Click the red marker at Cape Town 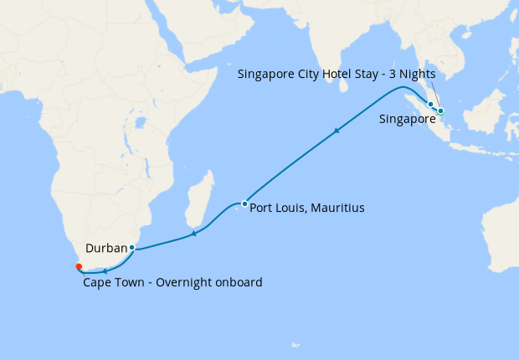click(x=79, y=267)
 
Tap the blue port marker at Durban click(x=132, y=248)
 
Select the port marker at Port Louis click(x=244, y=203)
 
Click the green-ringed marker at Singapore click(x=440, y=111)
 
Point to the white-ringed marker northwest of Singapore click(x=431, y=105)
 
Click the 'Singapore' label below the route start click(x=407, y=120)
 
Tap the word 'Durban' click(x=106, y=249)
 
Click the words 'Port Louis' click(x=277, y=207)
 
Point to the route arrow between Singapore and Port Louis click(x=337, y=131)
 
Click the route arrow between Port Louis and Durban click(x=193, y=234)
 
